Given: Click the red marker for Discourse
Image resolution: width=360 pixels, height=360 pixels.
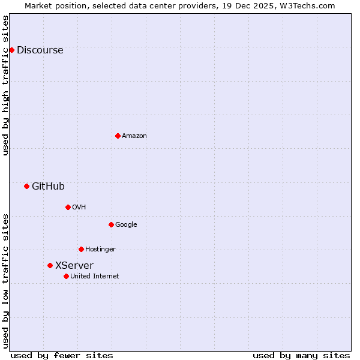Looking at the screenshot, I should (x=11, y=50).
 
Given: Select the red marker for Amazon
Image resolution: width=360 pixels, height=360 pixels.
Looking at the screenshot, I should (x=118, y=136).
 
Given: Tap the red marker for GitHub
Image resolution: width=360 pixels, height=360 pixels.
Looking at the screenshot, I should (x=26, y=186).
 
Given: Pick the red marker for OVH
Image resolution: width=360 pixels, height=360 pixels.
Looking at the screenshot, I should (x=68, y=207).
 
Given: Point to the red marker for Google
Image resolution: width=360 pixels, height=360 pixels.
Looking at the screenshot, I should (x=111, y=224).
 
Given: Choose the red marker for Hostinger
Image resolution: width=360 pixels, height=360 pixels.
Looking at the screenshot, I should (x=81, y=249).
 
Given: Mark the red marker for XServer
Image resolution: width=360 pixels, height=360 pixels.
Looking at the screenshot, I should (x=50, y=265).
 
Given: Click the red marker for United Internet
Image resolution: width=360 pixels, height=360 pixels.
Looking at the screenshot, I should (x=66, y=276).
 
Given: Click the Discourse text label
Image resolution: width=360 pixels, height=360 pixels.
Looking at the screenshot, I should (x=40, y=50).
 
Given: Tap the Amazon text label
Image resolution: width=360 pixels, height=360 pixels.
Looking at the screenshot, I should (x=134, y=136).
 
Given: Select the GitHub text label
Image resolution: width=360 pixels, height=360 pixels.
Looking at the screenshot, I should (x=48, y=187).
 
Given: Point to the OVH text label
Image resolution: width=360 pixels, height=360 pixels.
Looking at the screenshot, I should (x=79, y=208).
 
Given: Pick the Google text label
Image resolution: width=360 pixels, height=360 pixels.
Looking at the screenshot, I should (x=126, y=225).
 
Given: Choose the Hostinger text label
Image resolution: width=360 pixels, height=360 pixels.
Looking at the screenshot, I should (x=100, y=250).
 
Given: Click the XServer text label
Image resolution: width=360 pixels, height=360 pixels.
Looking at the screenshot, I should (x=74, y=266).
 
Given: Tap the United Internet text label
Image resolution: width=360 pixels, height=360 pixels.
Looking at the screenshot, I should (x=94, y=277).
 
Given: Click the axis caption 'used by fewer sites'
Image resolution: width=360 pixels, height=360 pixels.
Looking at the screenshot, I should (x=62, y=355).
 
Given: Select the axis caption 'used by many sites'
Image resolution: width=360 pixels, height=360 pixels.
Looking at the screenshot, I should (x=301, y=355).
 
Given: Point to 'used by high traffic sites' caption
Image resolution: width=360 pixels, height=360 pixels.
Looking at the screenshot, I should (x=6, y=85).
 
